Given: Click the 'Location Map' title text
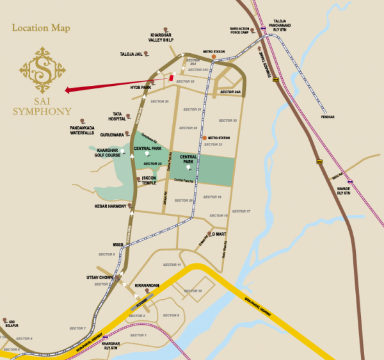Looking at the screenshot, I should tap(41, 28).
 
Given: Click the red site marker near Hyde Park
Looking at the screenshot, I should tap(170, 78).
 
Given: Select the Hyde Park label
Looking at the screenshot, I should tap(140, 86).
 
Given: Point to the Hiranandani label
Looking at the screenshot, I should tap(147, 285).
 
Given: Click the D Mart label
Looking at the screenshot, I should tap(220, 234).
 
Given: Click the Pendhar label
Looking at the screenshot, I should tap(329, 117).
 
